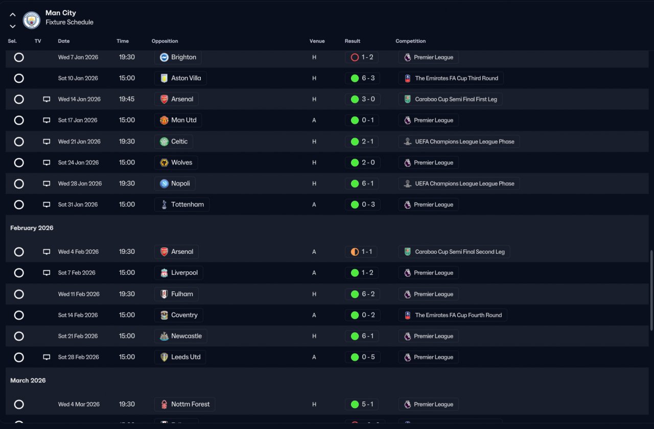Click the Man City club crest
pos(32,20)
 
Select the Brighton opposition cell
pos(178,57)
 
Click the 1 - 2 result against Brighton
pos(362,57)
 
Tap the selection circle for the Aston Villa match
pos(19,78)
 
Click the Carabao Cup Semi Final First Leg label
pos(450,99)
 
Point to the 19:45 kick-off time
pos(127,99)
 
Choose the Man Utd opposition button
pos(178,121)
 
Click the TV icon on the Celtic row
pos(46,141)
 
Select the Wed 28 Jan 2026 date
pos(80,183)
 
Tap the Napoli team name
pos(180,183)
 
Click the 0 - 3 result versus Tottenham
pos(362,205)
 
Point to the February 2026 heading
pos(32,228)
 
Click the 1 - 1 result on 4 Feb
pos(362,252)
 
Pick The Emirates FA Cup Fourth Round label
pos(453,315)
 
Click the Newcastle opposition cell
pos(180,336)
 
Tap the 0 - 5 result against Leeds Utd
pos(362,357)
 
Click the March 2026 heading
pos(28,380)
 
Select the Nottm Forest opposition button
pos(184,404)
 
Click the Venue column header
pos(317,41)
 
